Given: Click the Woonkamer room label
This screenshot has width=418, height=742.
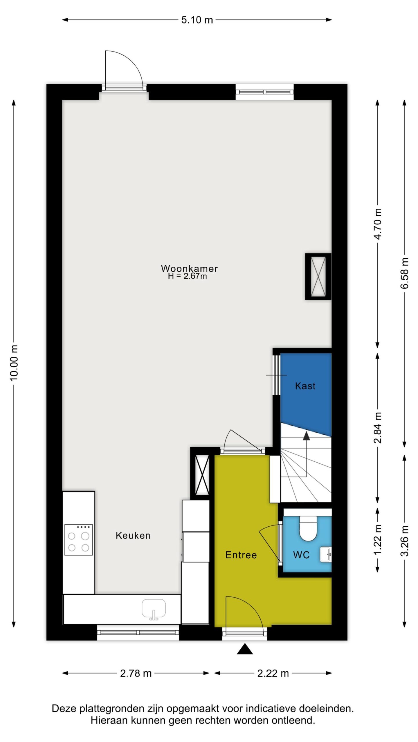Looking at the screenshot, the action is [189, 268].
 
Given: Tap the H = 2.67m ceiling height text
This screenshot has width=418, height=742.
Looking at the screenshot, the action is [188, 276].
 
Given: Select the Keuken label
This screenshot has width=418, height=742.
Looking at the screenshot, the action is [133, 536].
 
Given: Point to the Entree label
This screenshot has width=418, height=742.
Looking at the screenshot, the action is [241, 555].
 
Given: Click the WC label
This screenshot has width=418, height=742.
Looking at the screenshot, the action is [301, 555].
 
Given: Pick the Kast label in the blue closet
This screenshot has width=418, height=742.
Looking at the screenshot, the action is [305, 386].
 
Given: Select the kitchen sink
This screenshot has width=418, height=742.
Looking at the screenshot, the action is [154, 609].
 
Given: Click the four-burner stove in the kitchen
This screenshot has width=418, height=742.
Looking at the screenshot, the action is [78, 540].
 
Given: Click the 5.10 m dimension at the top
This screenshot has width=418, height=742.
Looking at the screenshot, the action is [197, 20].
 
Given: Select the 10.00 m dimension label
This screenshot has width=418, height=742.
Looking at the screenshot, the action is [14, 363].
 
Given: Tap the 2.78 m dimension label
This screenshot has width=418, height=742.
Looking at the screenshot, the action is [136, 673].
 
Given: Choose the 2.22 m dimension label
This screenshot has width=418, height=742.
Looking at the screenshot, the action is [273, 673].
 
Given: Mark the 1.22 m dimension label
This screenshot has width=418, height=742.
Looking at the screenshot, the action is [378, 540].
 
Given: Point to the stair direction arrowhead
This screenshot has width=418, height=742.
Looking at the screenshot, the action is [306, 436].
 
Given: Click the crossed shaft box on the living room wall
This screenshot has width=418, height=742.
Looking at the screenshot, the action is [318, 277].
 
